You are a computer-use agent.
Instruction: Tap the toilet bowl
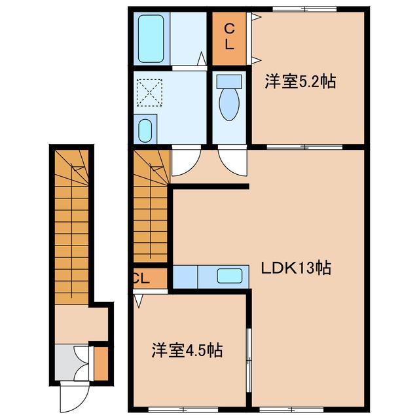pos(229,101)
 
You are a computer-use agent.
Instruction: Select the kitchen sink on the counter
pos(230,276)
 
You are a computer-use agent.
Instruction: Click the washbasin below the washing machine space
pos(146,129)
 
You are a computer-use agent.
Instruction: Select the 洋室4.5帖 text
pos(188,351)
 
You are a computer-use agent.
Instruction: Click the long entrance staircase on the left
pos(71,223)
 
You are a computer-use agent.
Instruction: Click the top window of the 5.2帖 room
pos(304,9)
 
